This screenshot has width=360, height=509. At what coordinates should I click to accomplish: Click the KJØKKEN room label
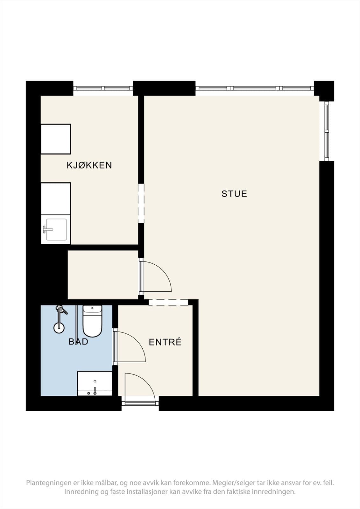coord(89,165)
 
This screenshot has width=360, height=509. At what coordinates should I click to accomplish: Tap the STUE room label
coord(234,194)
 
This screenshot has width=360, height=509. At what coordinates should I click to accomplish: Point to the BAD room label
coord(78,342)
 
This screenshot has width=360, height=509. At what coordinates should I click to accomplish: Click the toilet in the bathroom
coord(92,321)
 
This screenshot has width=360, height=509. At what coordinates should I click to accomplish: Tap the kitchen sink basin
coord(56,229)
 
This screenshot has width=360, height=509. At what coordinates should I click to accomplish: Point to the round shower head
coord(59,328)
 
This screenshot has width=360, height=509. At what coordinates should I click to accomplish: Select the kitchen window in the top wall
coord(103,88)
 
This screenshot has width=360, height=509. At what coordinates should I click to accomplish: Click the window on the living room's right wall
coord(327,131)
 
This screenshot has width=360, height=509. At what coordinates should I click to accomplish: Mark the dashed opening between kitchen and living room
coord(141,203)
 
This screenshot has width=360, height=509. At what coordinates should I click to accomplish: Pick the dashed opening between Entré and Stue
coord(168,302)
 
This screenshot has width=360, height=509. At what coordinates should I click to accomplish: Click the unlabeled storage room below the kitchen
coord(103,275)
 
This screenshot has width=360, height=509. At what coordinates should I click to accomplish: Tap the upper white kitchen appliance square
coord(56,139)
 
